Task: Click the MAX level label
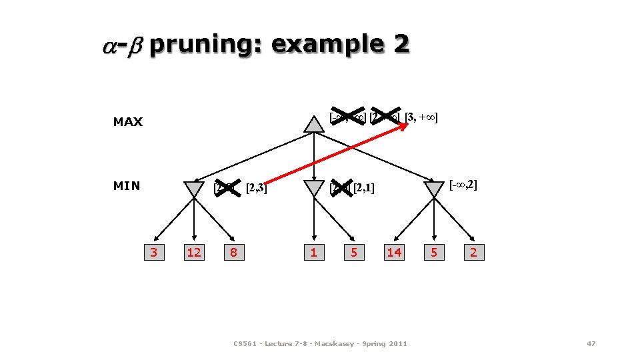coord(128,122)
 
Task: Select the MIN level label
coord(127,186)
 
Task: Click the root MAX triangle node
coord(314,124)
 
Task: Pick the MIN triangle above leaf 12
coord(194,189)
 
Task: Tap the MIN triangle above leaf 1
coord(314,189)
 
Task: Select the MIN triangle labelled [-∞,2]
coord(434,189)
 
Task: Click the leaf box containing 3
coord(154,252)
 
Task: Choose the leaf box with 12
coord(194,252)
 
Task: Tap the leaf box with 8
coord(233,252)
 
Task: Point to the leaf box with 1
coord(313,252)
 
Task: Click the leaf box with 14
coord(394,252)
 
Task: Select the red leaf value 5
coord(354,252)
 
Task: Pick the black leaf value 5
coord(434,252)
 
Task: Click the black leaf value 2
coord(473,252)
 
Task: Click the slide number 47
coord(591,343)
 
